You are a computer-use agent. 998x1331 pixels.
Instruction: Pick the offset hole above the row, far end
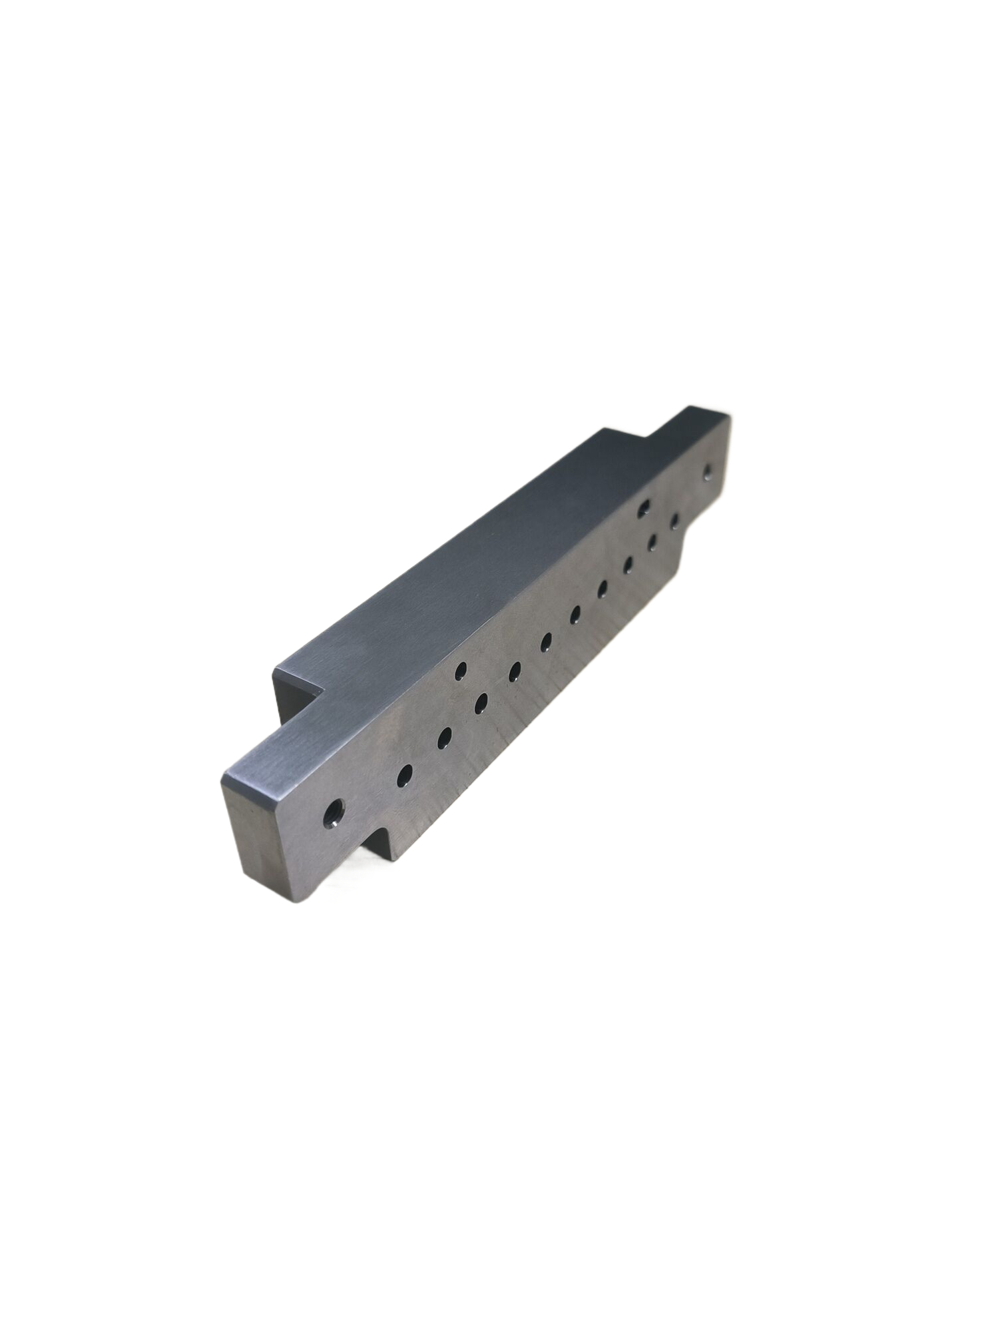tap(643, 508)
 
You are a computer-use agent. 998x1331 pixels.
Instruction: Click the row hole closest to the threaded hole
tap(404, 774)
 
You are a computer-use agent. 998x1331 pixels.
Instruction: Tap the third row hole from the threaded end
tap(481, 703)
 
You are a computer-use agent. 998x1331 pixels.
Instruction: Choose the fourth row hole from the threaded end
tap(515, 672)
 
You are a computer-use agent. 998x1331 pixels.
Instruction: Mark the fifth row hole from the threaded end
tap(546, 641)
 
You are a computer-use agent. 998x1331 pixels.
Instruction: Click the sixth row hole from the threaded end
tap(575, 613)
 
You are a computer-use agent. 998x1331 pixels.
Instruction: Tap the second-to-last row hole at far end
tap(652, 543)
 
